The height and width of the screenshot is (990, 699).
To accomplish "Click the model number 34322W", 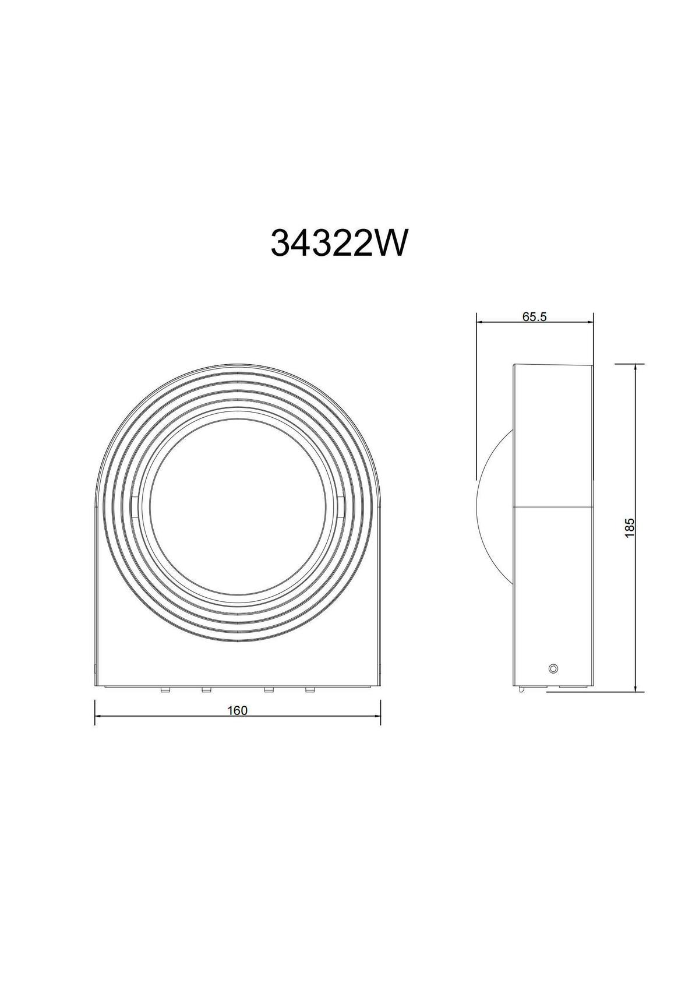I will [x=338, y=243].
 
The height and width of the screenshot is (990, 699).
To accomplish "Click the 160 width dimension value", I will [x=238, y=710].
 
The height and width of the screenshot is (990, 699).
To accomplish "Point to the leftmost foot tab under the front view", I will [x=165, y=690].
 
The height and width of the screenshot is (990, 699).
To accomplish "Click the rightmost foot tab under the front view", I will [x=310, y=690].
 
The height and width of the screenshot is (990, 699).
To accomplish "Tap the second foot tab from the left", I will [x=206, y=690].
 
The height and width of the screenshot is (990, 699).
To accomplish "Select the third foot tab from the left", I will [x=269, y=690].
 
